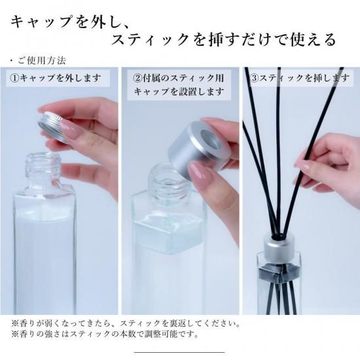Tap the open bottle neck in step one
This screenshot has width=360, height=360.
pyautogui.click(x=43, y=168)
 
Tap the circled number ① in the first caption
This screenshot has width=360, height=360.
pyautogui.click(x=14, y=79)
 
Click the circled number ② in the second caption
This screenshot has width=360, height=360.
pyautogui.click(x=137, y=79)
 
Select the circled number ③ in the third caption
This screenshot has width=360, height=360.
pyautogui.click(x=254, y=79)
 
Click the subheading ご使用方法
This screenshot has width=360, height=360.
pyautogui.click(x=42, y=61)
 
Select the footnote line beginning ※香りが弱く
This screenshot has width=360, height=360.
pyautogui.click(x=126, y=324)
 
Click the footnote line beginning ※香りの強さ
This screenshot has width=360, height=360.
pyautogui.click(x=105, y=334)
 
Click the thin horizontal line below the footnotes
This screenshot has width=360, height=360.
pyautogui.click(x=179, y=352)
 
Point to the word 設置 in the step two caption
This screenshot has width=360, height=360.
pyautogui.click(x=187, y=92)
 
